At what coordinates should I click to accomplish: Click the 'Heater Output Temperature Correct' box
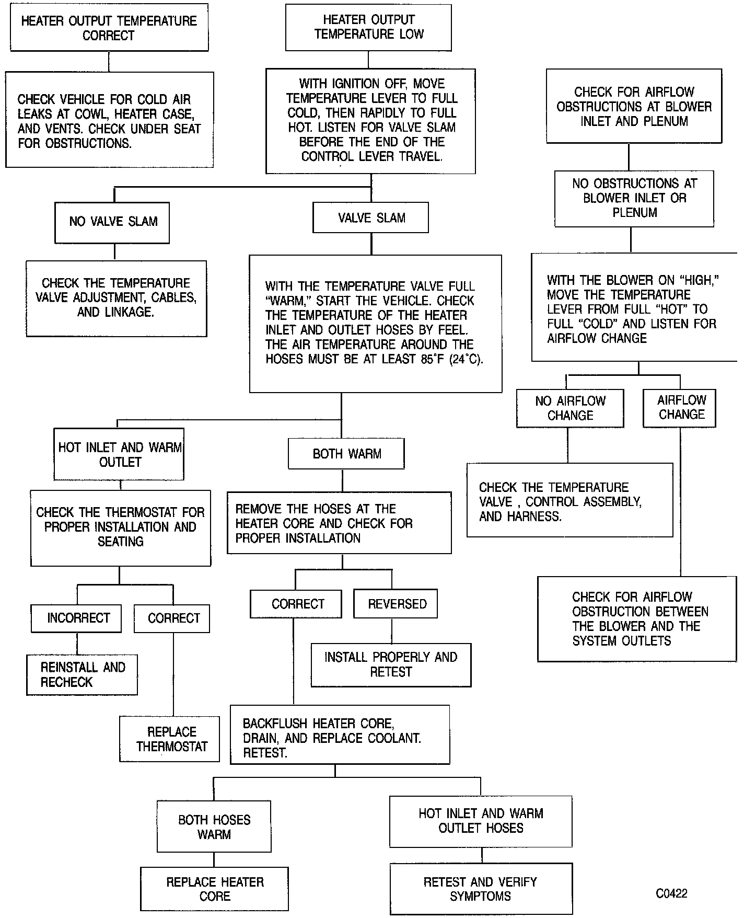pos(109,28)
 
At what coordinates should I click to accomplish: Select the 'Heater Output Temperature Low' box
pos(368,27)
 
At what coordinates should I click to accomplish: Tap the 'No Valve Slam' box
pos(113,222)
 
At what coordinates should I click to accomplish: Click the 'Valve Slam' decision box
pos(371,218)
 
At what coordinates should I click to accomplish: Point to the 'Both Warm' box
pos(346,454)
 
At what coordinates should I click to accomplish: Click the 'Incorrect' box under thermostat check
pos(78,618)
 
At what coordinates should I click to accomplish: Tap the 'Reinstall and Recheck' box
pos(82,674)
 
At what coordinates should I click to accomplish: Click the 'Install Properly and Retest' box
pos(391,664)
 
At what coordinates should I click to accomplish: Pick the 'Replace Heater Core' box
pos(214,889)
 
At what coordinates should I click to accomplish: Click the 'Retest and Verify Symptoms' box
pos(481,889)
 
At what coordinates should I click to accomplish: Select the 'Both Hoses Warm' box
pos(214,827)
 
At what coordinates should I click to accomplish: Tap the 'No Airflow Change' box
pos(570,408)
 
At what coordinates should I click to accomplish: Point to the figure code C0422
pos(671,893)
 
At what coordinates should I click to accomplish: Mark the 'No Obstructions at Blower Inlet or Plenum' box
pos(634,198)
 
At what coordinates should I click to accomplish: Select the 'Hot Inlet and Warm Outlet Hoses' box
pos(481,821)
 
